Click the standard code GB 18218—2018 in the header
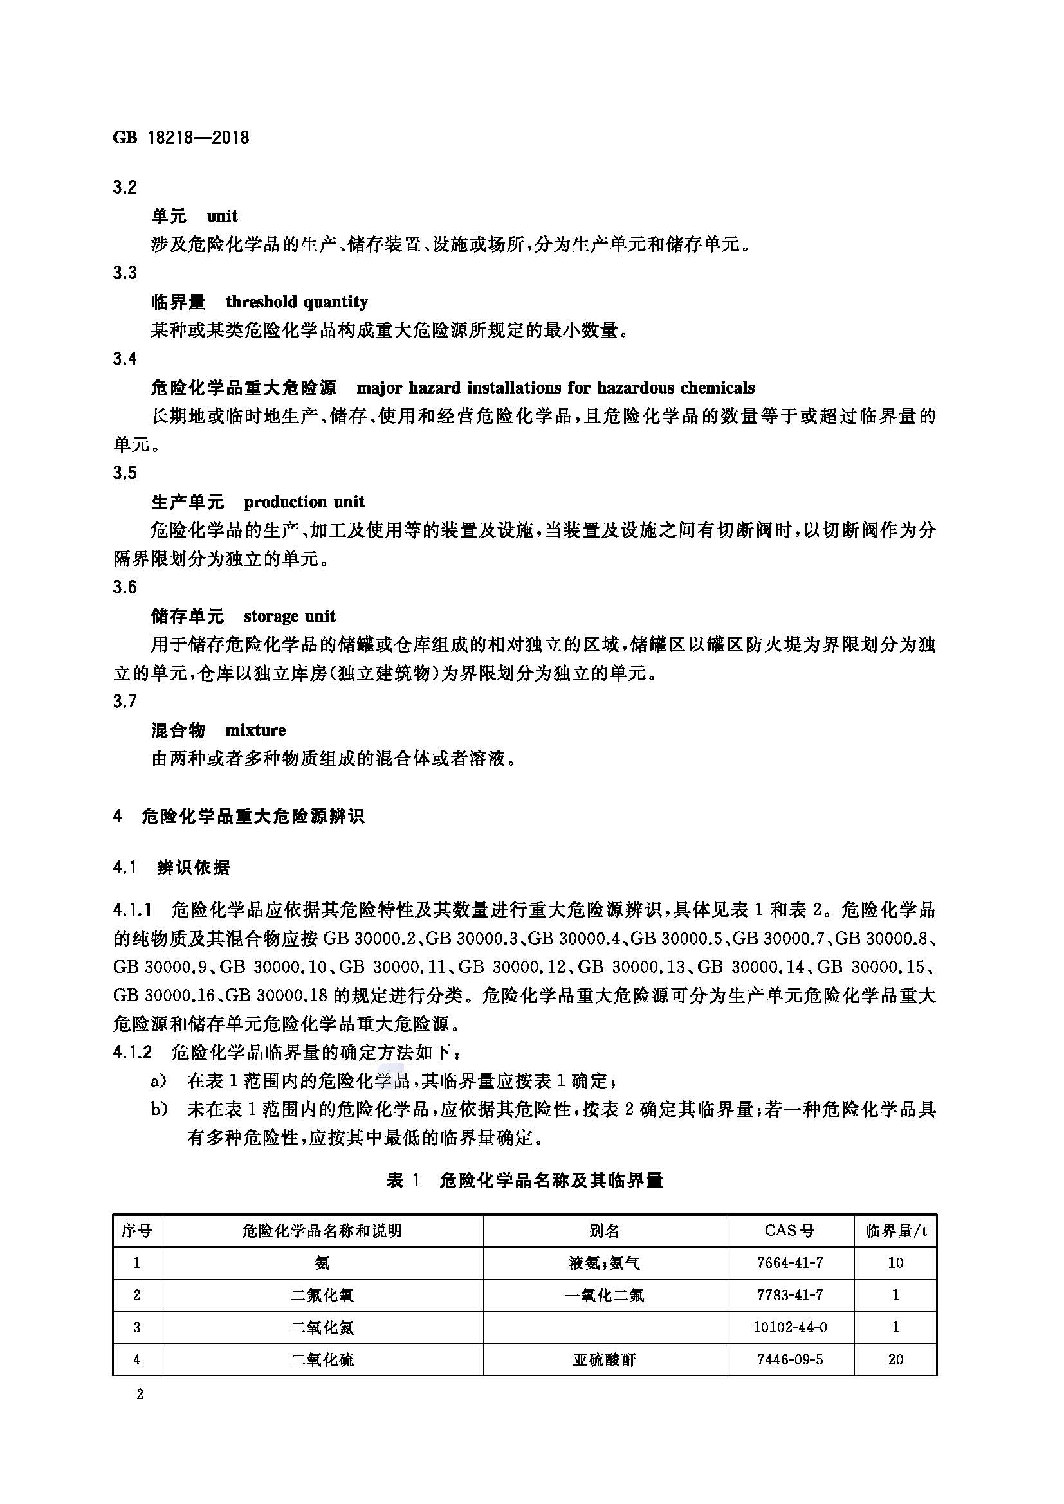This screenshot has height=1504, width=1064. [x=181, y=138]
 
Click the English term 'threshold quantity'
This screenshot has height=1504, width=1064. [x=296, y=302]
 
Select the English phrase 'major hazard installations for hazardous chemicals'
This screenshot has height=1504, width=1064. [x=555, y=387]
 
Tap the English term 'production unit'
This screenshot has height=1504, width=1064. [x=304, y=502]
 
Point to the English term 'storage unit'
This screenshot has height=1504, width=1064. [x=289, y=616]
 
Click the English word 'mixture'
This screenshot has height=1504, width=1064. [x=255, y=730]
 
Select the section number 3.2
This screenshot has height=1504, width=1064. [x=125, y=187]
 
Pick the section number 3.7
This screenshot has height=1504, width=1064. [x=125, y=702]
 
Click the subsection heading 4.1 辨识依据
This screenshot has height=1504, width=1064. [x=172, y=868]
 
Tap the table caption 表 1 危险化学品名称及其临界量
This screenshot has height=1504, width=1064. [x=525, y=1181]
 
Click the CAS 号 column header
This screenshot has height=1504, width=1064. [x=789, y=1230]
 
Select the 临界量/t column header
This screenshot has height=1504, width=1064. [x=895, y=1230]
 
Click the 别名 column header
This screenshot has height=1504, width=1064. [x=603, y=1230]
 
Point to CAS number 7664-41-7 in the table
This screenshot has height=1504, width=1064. [x=789, y=1262]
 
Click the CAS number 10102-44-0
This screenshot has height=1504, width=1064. [x=789, y=1327]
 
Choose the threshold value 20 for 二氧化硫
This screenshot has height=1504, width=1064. [x=895, y=1359]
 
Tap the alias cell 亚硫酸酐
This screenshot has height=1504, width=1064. [x=603, y=1359]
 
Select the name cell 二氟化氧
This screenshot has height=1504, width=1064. [x=322, y=1295]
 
